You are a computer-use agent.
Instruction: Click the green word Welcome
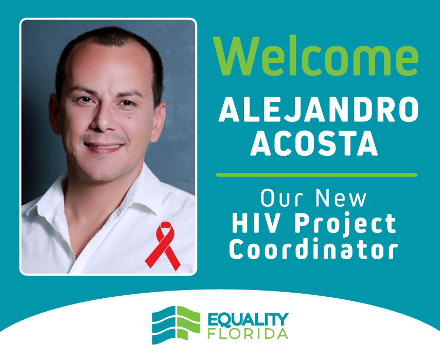click(x=315, y=56)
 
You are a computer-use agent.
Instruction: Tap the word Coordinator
click(x=314, y=249)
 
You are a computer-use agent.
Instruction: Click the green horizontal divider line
click(x=316, y=175)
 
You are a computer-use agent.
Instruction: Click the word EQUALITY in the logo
click(x=248, y=319)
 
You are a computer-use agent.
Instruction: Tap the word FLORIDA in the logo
click(x=248, y=333)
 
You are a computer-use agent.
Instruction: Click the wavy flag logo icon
click(x=176, y=325)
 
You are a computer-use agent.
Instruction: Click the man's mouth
click(x=104, y=147)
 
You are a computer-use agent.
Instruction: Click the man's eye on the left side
click(x=85, y=100)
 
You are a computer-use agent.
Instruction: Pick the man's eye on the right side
click(x=126, y=103)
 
